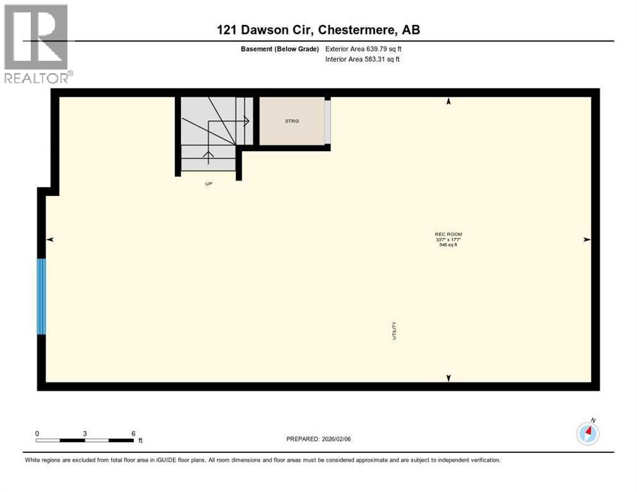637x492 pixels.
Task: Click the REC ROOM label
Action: [x=448, y=234]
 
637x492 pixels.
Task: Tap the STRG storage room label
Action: [x=292, y=120]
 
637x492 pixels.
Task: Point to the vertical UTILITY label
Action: [x=394, y=330]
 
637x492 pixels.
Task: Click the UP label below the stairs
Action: [x=208, y=184]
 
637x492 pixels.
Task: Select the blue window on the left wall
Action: [x=42, y=296]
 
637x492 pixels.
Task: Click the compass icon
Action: [x=588, y=434]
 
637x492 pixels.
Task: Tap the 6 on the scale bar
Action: [x=133, y=433]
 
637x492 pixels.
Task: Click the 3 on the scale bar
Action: [x=85, y=433]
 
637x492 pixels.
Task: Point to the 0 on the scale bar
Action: [x=37, y=433]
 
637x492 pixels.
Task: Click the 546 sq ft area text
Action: [x=448, y=245]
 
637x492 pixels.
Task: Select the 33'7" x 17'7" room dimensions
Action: [x=448, y=240]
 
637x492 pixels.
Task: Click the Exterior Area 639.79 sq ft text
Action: [x=363, y=49]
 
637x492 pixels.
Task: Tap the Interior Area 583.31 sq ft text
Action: [x=363, y=60]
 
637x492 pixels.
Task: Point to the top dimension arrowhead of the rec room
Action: [x=449, y=101]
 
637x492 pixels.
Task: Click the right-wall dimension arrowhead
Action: [x=586, y=240]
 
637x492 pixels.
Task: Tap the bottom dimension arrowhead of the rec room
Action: [x=449, y=378]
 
